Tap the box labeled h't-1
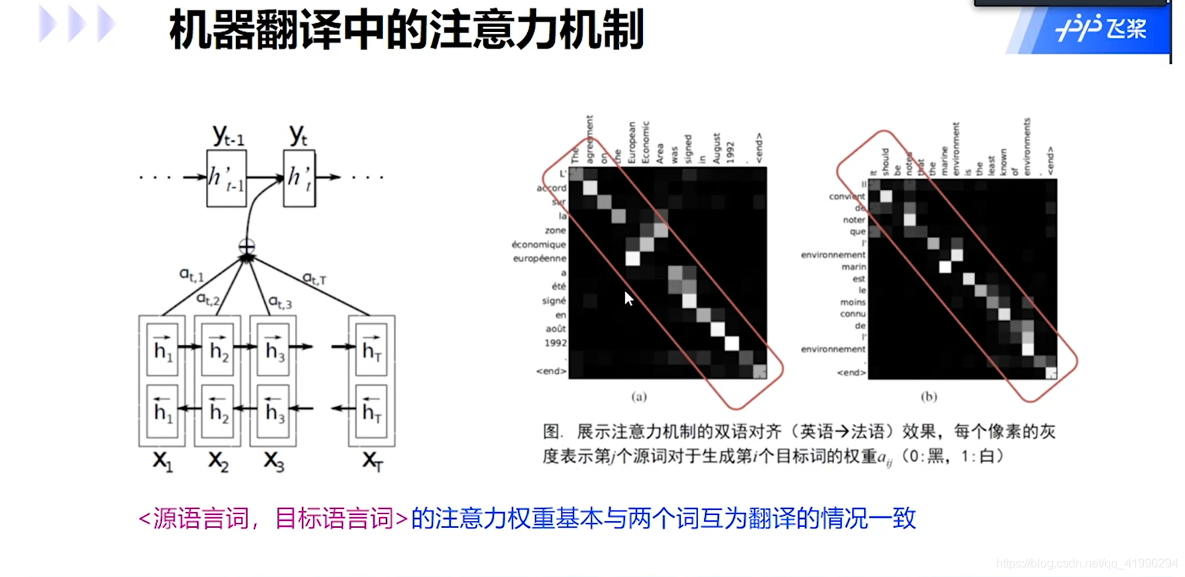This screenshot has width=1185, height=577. tap(226, 178)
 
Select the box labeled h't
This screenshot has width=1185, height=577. tap(299, 178)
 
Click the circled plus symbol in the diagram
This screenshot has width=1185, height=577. tap(246, 246)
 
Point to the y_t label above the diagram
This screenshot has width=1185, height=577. tap(298, 134)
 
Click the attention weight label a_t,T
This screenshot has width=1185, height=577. tap(314, 278)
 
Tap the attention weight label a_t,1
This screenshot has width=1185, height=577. tap(191, 275)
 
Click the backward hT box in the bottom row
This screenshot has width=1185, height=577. tap(371, 411)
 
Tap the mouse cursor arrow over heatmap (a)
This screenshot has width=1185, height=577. tap(629, 299)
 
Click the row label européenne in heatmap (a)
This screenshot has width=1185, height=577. tap(539, 258)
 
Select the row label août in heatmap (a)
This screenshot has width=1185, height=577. tap(555, 328)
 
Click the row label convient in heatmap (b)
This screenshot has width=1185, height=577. tap(847, 196)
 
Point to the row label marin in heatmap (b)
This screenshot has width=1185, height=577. tap(853, 266)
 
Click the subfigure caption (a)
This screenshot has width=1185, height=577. tap(639, 396)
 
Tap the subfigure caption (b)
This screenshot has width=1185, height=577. tap(929, 396)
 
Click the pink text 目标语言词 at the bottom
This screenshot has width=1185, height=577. tap(334, 518)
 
